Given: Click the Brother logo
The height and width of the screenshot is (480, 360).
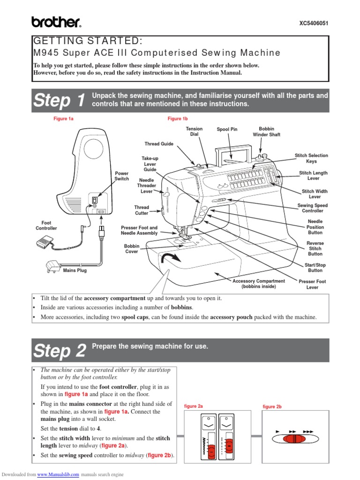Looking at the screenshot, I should [56, 22].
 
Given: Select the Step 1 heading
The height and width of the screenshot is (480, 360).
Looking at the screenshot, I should [60, 101].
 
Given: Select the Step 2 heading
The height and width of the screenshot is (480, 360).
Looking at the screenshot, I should [60, 351].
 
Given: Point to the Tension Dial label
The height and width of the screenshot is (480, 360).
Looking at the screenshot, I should [194, 131].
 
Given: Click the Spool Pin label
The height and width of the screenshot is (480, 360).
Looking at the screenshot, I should [227, 129].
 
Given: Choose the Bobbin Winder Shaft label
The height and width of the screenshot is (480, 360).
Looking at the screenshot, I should [266, 131].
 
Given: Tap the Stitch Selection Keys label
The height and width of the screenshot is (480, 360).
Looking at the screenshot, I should [311, 158].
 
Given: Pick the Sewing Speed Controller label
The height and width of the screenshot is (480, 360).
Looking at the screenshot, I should [312, 208].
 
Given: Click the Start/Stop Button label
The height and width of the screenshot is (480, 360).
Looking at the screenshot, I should [315, 268].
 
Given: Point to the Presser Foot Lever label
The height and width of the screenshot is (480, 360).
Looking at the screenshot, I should [312, 285].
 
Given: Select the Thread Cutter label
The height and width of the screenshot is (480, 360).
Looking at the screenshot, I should [142, 210].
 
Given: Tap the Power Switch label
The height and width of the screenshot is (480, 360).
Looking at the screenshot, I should [121, 176].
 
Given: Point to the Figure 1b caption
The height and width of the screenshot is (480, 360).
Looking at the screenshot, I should [178, 119].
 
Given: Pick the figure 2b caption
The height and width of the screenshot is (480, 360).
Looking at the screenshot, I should [272, 407].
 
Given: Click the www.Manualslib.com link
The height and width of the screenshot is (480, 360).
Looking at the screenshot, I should [58, 474].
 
